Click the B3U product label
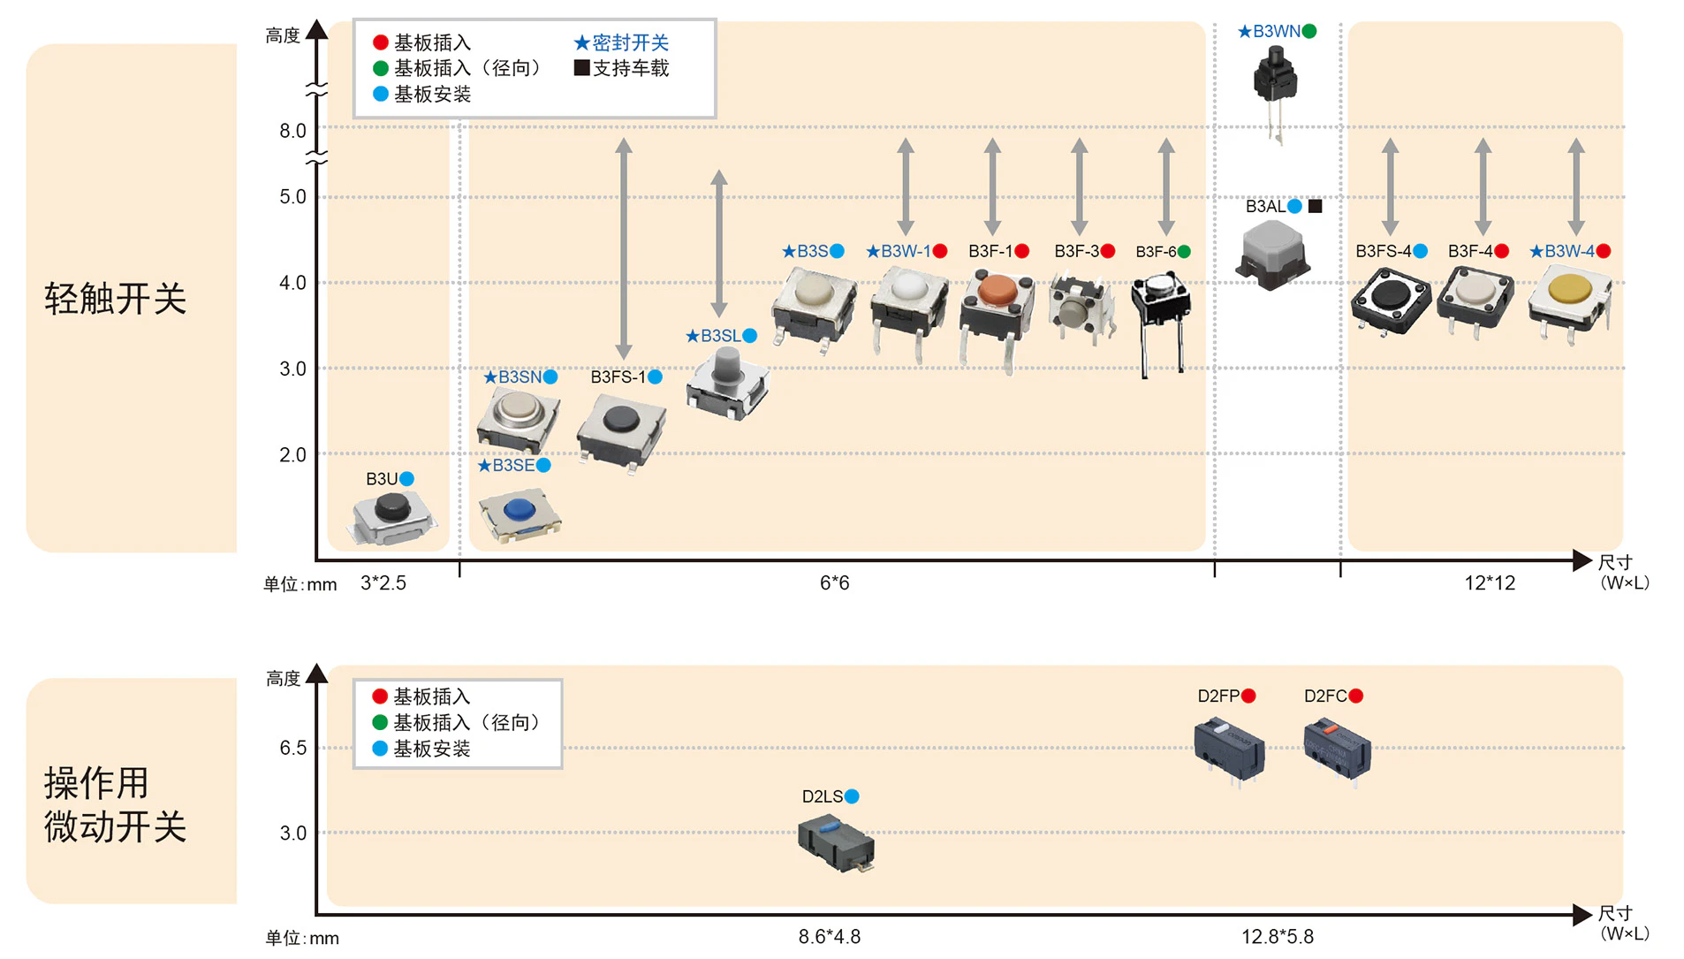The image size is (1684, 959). click(382, 479)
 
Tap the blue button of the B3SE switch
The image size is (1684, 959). click(519, 510)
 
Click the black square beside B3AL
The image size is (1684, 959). click(1315, 206)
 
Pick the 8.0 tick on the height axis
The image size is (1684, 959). click(292, 131)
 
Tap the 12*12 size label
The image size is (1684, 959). click(1490, 583)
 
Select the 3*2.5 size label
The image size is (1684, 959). click(383, 583)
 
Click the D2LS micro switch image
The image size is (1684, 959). click(836, 842)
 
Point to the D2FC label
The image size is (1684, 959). click(1325, 696)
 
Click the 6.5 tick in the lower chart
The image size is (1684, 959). click(292, 748)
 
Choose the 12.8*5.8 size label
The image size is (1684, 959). click(1277, 937)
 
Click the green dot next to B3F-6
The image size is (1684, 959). click(1184, 252)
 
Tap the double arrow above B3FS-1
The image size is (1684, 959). click(624, 247)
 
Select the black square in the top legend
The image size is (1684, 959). click(581, 68)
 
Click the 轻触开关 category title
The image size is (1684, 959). click(115, 299)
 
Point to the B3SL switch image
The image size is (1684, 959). click(727, 382)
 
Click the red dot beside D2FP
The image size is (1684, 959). click(1248, 696)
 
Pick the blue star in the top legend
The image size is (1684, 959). click(581, 42)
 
